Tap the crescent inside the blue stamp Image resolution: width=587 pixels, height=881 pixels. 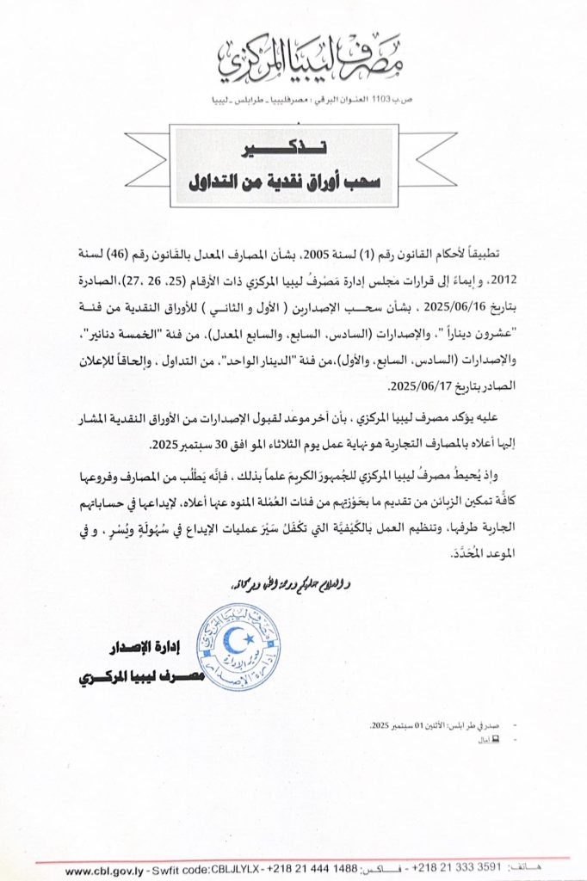pos(237,638)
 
